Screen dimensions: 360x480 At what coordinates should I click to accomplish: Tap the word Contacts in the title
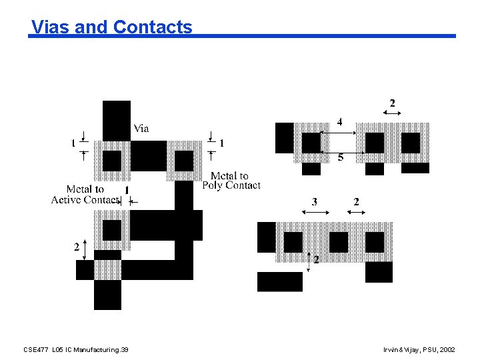point(153,27)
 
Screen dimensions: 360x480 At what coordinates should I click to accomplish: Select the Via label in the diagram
point(141,129)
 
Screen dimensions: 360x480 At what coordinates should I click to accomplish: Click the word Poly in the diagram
point(213,185)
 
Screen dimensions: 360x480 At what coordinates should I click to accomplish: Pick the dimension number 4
point(339,123)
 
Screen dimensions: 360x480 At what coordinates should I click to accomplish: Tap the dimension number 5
point(341,158)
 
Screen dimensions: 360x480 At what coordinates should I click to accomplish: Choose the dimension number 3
point(314,201)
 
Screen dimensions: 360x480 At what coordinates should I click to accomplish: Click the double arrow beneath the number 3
point(316,213)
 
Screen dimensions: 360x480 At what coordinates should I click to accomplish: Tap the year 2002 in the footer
point(448,350)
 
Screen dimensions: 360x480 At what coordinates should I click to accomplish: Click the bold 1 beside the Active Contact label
point(127,191)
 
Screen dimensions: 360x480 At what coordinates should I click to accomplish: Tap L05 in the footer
point(58,350)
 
